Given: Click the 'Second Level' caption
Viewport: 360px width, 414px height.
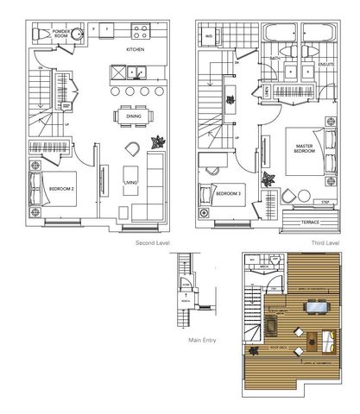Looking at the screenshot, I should pos(152,244).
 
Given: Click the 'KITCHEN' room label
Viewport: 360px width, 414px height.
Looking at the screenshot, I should pos(135,50).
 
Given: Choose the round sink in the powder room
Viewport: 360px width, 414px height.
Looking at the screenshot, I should pos(77,34).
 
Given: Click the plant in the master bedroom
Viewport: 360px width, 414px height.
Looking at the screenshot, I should pos(270,181).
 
